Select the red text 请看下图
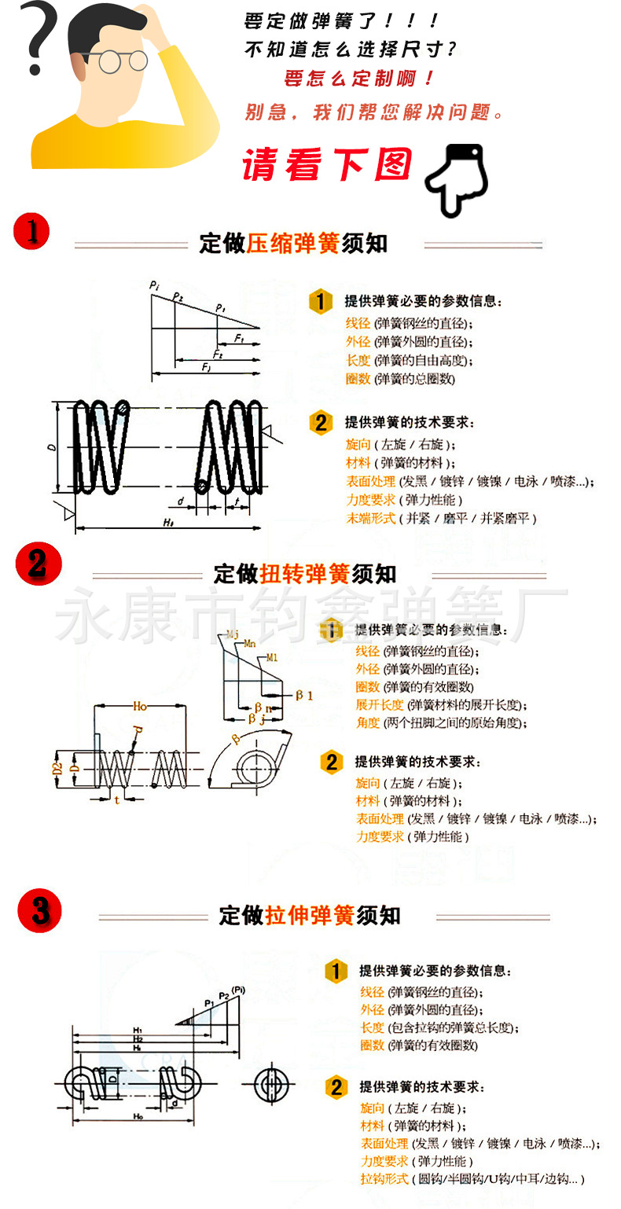click(326, 165)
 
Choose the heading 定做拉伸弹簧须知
click(310, 915)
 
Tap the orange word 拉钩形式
click(384, 1179)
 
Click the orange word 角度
click(367, 722)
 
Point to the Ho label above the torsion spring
click(139, 707)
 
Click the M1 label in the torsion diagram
click(273, 657)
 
